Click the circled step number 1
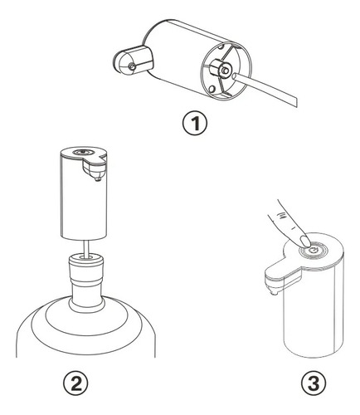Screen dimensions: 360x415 click(x=195, y=124)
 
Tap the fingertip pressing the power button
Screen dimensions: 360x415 click(x=305, y=241)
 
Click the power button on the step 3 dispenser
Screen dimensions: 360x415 click(x=314, y=251)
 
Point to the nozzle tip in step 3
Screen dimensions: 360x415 click(x=274, y=292)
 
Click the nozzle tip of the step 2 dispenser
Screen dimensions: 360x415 click(x=97, y=179)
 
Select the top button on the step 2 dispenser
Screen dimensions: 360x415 click(x=82, y=152)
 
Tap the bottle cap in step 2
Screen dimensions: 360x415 click(x=86, y=266)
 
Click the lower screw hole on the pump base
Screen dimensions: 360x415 click(x=212, y=89)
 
